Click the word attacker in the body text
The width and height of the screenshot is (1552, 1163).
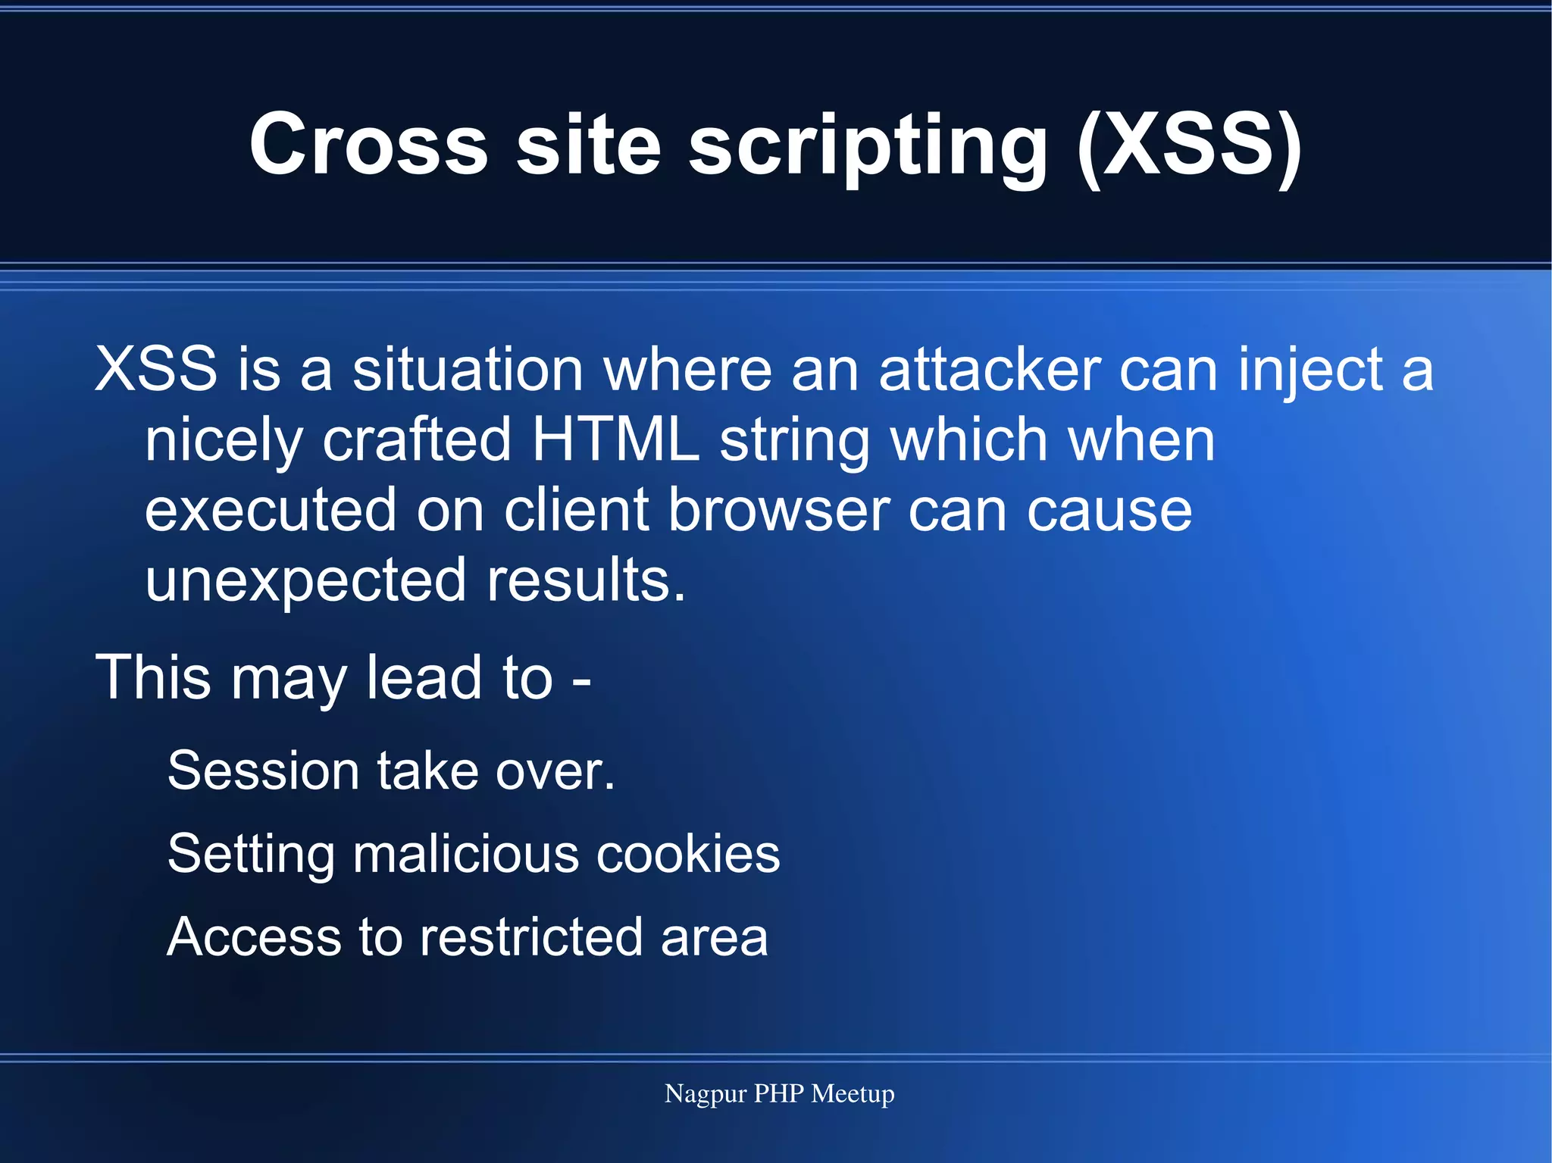(x=990, y=370)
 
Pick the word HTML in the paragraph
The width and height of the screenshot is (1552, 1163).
(x=615, y=439)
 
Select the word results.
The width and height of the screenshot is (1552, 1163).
(x=586, y=580)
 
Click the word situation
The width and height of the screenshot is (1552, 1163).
(x=468, y=370)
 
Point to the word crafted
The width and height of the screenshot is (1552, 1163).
(x=417, y=439)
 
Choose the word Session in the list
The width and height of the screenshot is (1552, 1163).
(x=263, y=771)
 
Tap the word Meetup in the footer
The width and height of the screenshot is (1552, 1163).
(x=853, y=1094)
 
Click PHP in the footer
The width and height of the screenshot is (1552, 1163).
(x=779, y=1094)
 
